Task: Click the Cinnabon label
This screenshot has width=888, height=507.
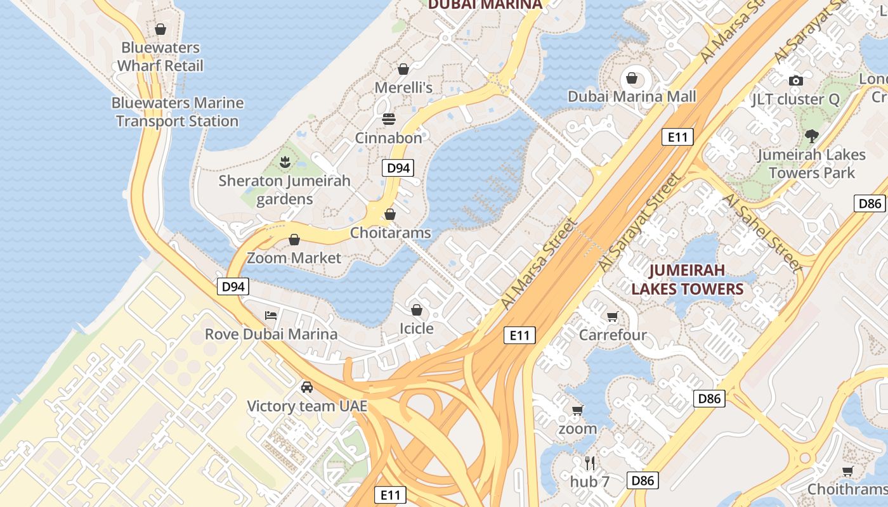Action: pos(388,138)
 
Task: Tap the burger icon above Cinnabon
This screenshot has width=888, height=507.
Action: pos(388,119)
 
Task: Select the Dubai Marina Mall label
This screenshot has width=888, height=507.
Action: pos(632,96)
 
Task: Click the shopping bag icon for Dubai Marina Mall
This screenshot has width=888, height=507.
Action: pos(632,78)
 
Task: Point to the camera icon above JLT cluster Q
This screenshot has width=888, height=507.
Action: pos(795,80)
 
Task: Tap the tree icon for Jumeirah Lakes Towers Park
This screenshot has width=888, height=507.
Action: pos(811,136)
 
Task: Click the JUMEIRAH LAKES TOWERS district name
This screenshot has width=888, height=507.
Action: pos(688,279)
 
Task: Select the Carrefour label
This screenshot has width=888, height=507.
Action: pos(613,335)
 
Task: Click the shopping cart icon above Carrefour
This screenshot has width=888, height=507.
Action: pos(613,316)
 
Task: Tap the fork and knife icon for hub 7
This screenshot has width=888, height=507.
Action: pos(590,463)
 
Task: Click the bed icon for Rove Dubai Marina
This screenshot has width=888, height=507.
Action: pos(271,315)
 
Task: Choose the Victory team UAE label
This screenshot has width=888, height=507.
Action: pos(307,406)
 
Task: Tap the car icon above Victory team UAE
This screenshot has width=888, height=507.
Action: pos(307,387)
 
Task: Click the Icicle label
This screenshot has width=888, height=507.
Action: pos(416,328)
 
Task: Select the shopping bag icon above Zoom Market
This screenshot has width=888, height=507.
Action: pos(294,240)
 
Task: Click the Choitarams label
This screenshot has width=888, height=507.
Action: pos(390,233)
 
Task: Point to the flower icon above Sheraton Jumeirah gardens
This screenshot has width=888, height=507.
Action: pos(285,162)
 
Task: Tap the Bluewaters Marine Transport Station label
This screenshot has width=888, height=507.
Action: pos(178,112)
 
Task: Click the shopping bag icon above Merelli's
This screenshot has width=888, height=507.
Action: pos(403,69)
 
